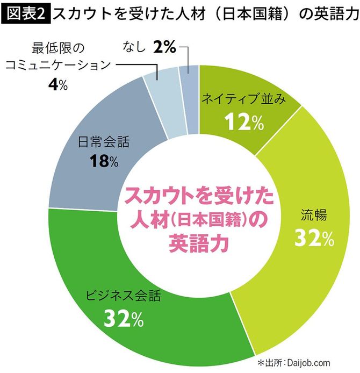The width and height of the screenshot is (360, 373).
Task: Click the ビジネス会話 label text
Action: pyautogui.click(x=124, y=297)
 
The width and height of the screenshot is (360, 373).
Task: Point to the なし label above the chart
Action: pyautogui.click(x=135, y=48)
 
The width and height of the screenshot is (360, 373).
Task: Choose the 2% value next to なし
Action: pyautogui.click(x=164, y=48)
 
